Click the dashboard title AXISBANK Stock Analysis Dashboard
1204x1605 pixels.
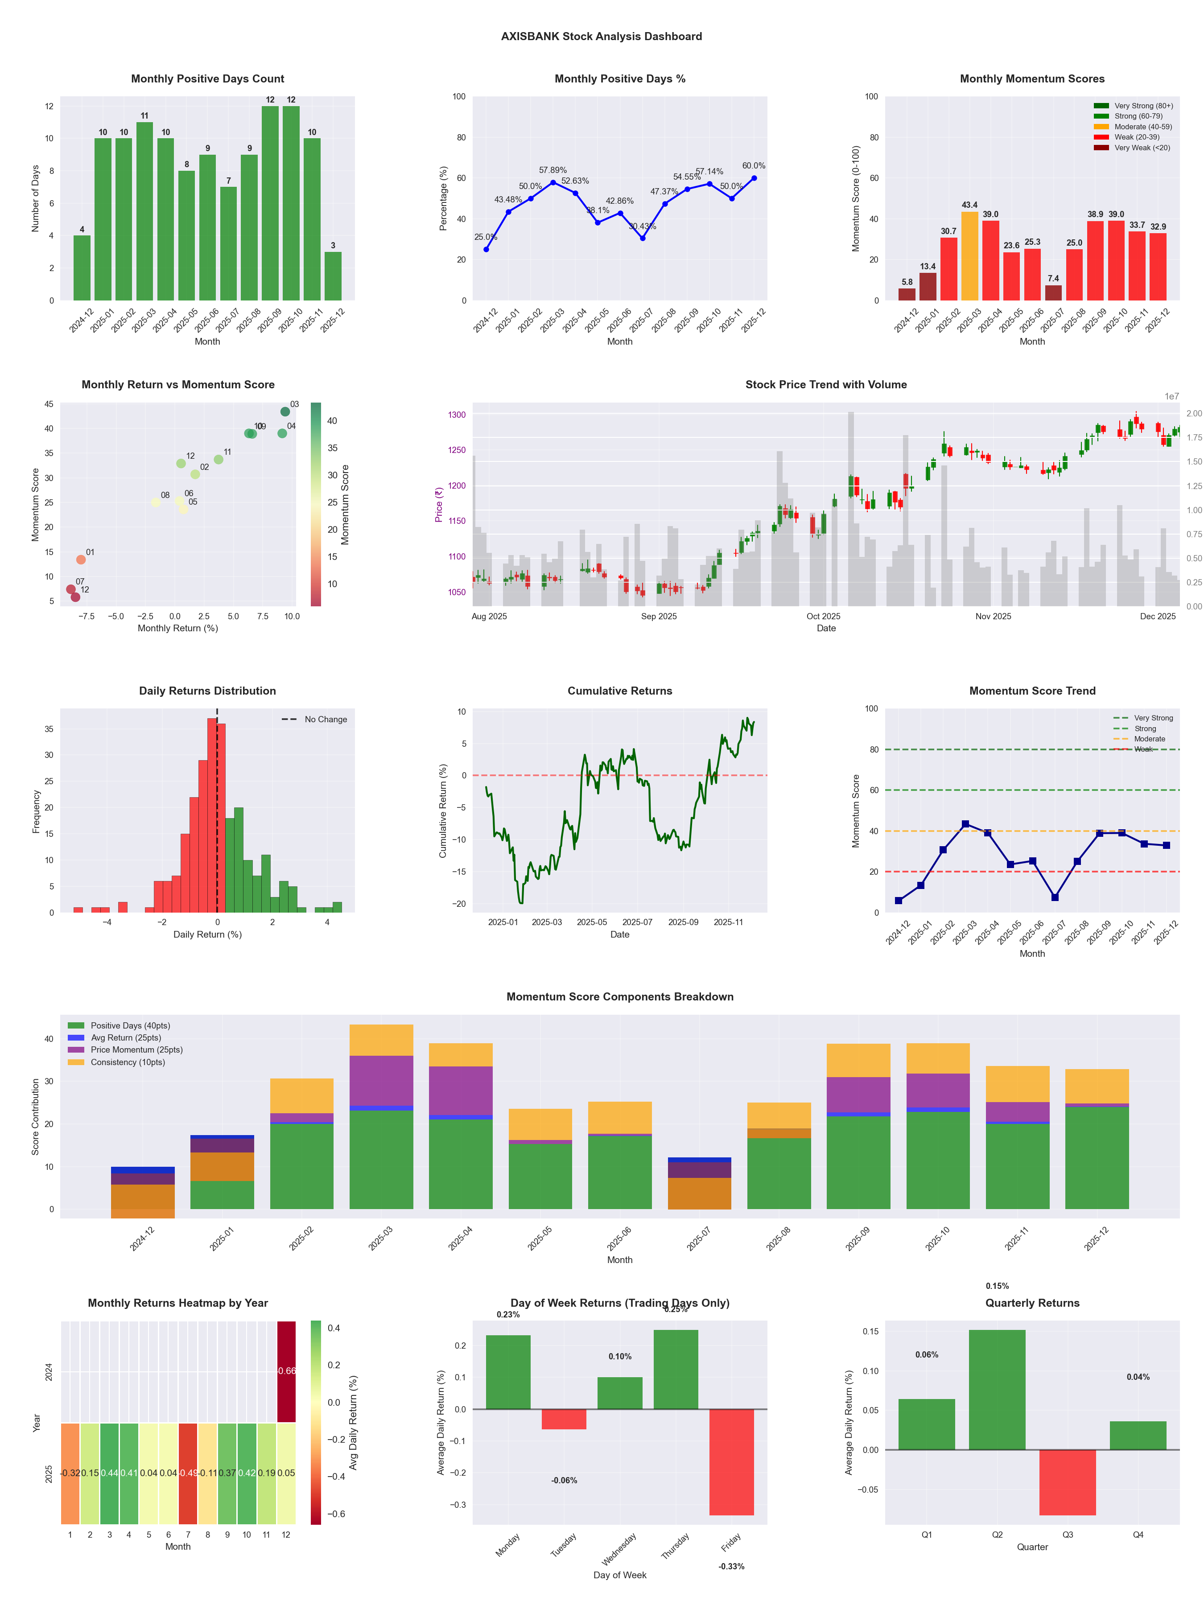click(x=601, y=36)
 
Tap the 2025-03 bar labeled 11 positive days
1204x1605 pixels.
click(x=144, y=210)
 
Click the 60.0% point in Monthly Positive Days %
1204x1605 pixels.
click(x=754, y=178)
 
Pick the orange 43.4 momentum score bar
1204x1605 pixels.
click(x=969, y=255)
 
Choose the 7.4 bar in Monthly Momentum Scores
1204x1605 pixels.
click(x=1053, y=292)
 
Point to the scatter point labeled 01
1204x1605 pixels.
click(x=81, y=560)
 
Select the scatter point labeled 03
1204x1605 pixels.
click(x=285, y=412)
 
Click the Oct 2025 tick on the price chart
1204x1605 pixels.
click(x=823, y=617)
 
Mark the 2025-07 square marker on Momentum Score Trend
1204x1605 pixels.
click(x=1055, y=897)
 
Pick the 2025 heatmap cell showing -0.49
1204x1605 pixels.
click(x=188, y=1473)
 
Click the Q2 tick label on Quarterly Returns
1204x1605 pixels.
click(x=997, y=1535)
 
